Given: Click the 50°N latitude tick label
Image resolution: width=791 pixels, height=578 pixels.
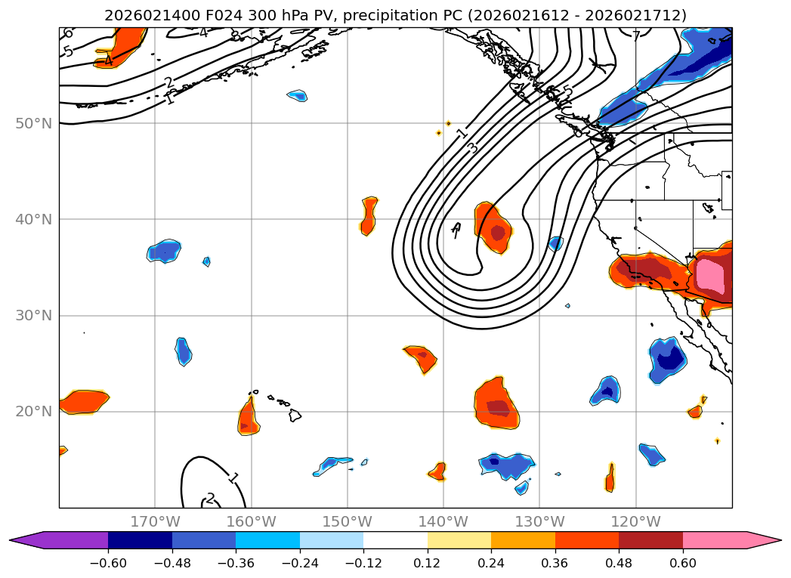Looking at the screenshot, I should click(32, 124).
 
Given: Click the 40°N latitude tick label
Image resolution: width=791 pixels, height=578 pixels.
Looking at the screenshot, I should click(32, 220).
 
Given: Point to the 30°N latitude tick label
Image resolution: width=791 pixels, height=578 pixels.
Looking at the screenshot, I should click(32, 316).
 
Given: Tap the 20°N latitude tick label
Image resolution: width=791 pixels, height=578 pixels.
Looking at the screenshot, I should click(32, 412).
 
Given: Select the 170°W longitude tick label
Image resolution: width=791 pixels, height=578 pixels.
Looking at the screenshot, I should click(155, 521).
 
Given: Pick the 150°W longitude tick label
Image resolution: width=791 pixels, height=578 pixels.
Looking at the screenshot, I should click(348, 521).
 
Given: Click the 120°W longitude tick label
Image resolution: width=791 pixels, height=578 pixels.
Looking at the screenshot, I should click(635, 521).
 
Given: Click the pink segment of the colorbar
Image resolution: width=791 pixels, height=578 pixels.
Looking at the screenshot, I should click(715, 540).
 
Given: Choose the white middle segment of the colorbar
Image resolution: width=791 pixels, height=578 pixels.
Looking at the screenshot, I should click(395, 540).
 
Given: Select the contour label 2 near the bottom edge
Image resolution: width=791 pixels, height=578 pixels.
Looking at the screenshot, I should click(210, 498).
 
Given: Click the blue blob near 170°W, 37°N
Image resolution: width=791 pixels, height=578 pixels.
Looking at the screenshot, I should click(164, 251).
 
